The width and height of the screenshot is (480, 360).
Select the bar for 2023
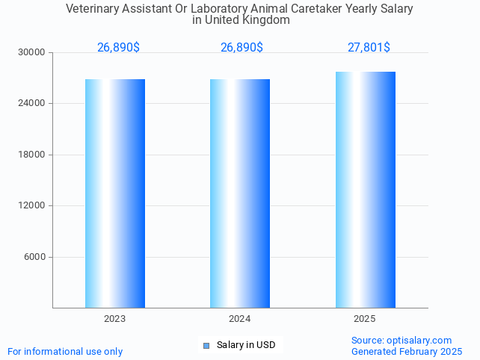pos(114,193)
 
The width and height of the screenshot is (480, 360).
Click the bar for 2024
pos(240,193)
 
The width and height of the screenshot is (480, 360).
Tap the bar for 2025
pos(365,190)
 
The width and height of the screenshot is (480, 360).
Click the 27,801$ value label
pos(369,47)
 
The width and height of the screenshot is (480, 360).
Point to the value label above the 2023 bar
pos(118,47)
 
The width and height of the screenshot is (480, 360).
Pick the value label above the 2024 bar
pos(241,47)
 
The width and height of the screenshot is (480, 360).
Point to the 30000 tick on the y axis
pos(32,52)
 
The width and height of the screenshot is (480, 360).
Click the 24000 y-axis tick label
pos(32,103)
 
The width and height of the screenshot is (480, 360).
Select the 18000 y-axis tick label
pos(32,155)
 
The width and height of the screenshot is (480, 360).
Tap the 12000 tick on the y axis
pos(32,205)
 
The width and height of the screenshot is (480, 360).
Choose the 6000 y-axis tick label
pos(34,257)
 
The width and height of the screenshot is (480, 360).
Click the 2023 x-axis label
pos(114,319)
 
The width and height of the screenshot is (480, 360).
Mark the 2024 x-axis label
pos(240,319)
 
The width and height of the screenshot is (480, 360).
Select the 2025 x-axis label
pos(365,319)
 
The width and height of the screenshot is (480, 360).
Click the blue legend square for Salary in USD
pos(207,345)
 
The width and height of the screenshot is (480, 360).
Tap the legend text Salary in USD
pos(246,345)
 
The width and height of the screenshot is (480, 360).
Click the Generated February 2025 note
pos(407,351)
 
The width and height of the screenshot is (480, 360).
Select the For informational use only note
pos(65,351)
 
